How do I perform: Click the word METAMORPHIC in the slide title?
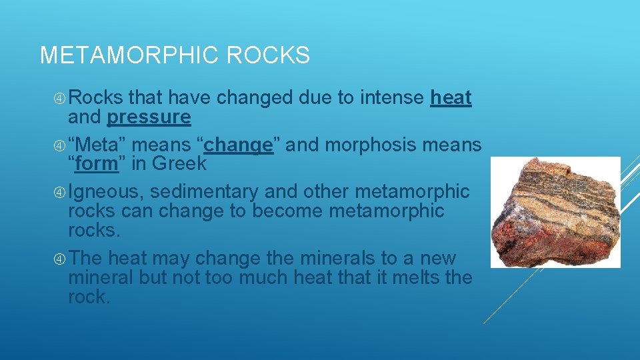(130, 55)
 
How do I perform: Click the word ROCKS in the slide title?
(268, 55)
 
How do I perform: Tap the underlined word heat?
(451, 98)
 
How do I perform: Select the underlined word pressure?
(149, 117)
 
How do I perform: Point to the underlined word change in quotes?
(239, 145)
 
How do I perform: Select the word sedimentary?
(204, 192)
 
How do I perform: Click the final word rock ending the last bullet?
(88, 297)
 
